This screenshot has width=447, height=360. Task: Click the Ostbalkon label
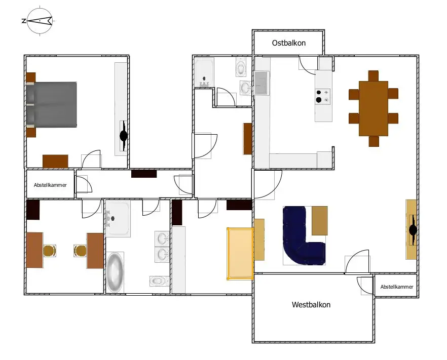pos(289,44)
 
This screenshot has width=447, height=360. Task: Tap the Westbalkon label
pos(311,305)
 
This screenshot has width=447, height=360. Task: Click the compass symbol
pos(39,21)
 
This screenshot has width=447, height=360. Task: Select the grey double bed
pos(52,104)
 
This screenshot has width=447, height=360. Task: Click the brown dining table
pos(373,108)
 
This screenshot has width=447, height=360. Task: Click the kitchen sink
pos(260,83)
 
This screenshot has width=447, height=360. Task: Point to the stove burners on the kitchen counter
pos(323,96)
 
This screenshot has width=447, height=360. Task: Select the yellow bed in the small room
pos(240,253)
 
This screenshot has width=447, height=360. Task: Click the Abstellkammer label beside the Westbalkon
pos(396,287)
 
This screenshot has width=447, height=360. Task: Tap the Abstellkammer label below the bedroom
pos(50,185)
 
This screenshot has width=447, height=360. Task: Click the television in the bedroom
pos(124,136)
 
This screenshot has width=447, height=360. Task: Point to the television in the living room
pos(413,230)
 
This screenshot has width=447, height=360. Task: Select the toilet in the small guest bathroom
pos(241,66)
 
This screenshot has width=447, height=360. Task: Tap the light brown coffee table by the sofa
pos(319,221)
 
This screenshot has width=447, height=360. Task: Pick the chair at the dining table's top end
pos(374,75)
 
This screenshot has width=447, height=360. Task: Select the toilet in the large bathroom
pos(159,280)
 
